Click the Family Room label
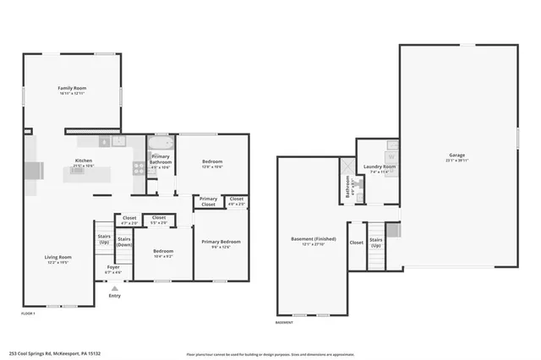72,88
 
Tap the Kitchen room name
84,161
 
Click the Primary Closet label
208,202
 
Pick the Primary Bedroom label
221,242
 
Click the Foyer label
113,268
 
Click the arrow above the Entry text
114,287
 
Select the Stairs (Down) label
124,241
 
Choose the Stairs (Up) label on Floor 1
104,239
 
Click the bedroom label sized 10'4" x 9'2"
163,251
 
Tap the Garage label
457,155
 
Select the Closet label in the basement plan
356,243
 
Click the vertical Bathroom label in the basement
347,186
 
